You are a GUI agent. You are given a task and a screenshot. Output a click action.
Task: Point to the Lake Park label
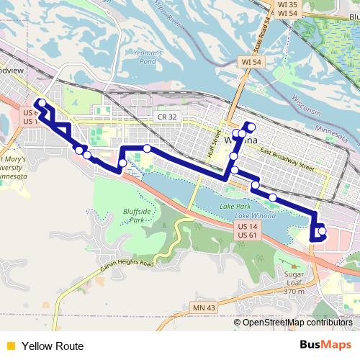tap(232, 207)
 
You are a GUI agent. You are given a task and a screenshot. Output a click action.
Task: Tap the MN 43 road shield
tap(204, 308)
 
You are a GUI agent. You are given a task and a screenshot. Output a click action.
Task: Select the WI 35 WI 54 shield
tap(287, 9)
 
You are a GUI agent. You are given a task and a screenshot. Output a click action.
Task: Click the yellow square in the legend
tap(9, 346)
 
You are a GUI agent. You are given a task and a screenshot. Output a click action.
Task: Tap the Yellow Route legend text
tap(52, 346)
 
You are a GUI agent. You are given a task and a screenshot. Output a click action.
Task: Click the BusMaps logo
tap(325, 346)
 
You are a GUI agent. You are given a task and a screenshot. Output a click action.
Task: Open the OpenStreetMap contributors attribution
tap(297, 323)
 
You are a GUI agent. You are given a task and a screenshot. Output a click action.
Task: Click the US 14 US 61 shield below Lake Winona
tap(246, 230)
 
